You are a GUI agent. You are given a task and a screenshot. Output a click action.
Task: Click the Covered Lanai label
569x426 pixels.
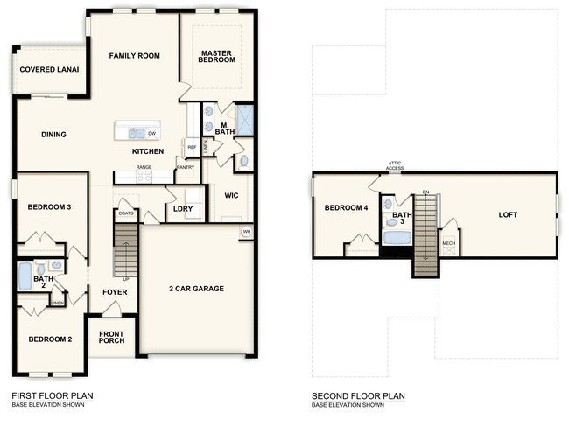49,69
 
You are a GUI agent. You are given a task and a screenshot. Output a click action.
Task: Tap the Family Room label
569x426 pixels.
134,56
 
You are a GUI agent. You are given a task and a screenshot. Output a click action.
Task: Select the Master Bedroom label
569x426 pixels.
216,56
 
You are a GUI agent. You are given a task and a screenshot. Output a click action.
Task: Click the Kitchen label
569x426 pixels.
148,151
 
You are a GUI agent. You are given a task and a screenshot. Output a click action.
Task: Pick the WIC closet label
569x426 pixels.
232,195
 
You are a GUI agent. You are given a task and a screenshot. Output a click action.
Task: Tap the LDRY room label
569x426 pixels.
183,208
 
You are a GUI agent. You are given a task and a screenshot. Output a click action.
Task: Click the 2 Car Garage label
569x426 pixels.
196,288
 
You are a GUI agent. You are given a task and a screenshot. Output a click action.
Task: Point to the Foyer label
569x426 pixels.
115,294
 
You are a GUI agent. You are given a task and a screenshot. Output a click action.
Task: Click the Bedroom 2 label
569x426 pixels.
49,339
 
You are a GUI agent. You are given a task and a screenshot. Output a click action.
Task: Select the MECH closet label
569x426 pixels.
448,244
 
